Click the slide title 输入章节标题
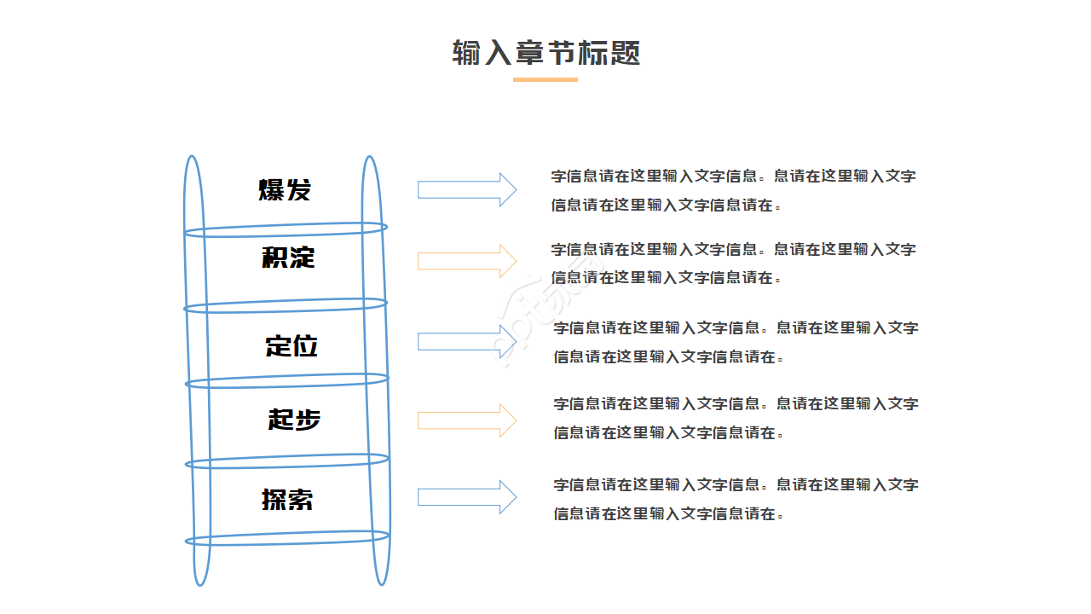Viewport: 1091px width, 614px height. pos(545,53)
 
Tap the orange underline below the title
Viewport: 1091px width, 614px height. pos(545,79)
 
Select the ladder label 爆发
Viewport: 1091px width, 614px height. pos(286,189)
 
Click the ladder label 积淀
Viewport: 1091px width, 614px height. pos(288,257)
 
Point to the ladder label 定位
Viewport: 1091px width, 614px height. pos(292,345)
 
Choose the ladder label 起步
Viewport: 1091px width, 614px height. pos(294,419)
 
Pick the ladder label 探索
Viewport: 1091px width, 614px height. pos(288,499)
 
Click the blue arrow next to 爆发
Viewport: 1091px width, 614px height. pos(466,189)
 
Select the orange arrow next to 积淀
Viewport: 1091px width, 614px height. pos(466,261)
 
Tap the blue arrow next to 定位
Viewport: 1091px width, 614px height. pos(466,342)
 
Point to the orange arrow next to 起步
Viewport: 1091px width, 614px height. pos(466,420)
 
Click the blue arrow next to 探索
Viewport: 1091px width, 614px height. pos(466,497)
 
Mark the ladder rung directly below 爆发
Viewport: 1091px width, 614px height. pos(286,229)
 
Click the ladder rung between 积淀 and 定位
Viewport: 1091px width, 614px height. pos(286,304)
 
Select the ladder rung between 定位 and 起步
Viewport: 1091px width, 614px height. pos(287,380)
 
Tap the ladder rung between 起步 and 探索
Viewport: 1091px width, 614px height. pos(287,461)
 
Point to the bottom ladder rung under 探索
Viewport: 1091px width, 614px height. pos(287,538)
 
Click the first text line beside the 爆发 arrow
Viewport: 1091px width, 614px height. pos(733,177)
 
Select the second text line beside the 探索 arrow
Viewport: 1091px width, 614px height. pos(667,513)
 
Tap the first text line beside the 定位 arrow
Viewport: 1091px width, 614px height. pos(736,327)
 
